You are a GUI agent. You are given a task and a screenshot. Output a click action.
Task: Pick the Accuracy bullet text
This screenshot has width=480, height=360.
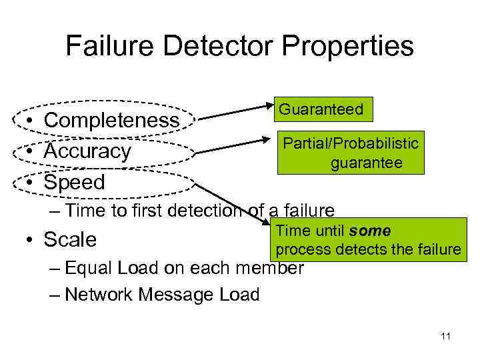click(x=87, y=151)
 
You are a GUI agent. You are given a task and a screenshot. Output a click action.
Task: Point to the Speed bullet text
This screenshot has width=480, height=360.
click(x=74, y=182)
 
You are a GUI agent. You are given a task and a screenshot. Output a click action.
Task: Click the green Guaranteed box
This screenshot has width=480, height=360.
click(x=321, y=110)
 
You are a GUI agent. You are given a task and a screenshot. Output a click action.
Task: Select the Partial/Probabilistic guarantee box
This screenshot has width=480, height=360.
click(x=351, y=153)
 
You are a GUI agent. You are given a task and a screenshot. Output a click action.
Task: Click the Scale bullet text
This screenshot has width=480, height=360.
click(x=70, y=239)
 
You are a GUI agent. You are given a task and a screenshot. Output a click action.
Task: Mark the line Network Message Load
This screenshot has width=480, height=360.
click(x=163, y=294)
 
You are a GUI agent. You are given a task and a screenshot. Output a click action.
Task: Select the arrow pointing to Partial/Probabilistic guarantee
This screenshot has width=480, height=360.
click(x=237, y=146)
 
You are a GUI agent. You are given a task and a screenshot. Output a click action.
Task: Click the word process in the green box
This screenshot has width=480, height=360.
click(x=297, y=249)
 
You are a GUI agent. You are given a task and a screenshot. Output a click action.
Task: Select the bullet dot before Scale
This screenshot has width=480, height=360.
click(x=31, y=239)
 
